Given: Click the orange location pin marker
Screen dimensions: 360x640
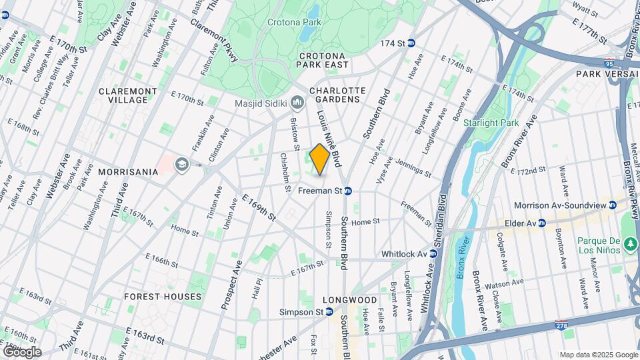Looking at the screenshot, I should coord(320,159).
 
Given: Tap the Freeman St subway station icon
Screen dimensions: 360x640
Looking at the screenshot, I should coord(348,191).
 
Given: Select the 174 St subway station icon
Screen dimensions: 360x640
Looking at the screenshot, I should coord(411,43).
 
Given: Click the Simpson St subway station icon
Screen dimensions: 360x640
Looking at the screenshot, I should coord(329,312).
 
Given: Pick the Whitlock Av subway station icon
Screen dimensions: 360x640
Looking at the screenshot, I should coord(431,254).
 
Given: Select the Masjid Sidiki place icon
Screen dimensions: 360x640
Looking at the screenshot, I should coord(297,103).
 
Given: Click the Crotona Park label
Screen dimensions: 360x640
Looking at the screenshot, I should coord(294,22).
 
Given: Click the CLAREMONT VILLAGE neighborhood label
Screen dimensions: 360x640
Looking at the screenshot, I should coord(127,95).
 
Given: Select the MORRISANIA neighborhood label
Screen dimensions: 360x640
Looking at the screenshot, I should coord(127,171).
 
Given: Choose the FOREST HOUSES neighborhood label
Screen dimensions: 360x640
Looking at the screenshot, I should coord(163,296).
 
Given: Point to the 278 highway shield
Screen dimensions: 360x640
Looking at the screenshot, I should coord(561,325).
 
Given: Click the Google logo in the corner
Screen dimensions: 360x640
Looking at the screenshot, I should coord(22,351).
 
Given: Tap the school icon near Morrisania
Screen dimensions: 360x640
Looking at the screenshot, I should coord(181,164).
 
